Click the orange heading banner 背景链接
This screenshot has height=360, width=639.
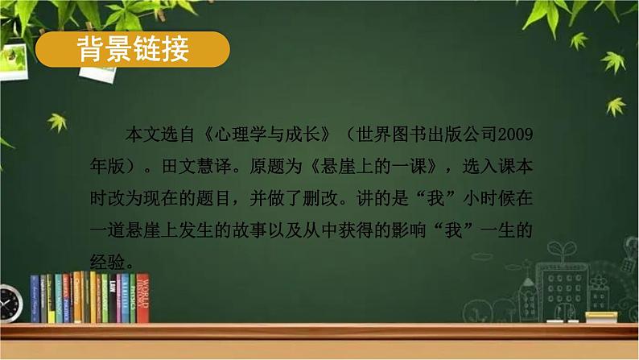(133, 51)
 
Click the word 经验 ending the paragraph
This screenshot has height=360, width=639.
(108, 260)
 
